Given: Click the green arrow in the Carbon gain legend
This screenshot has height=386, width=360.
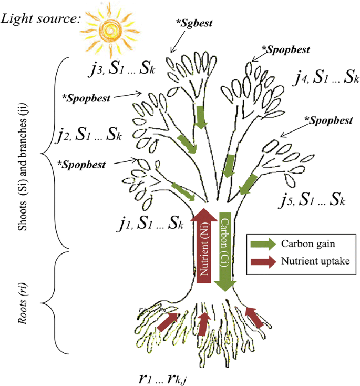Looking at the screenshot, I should (263, 243).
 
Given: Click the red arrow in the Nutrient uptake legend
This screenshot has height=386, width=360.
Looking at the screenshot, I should (263, 261).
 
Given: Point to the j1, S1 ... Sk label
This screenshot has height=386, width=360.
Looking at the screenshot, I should (150, 225).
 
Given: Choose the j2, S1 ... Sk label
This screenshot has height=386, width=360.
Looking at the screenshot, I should (88, 136).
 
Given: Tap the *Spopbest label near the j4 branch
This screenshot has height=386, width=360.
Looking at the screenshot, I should (288, 50).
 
